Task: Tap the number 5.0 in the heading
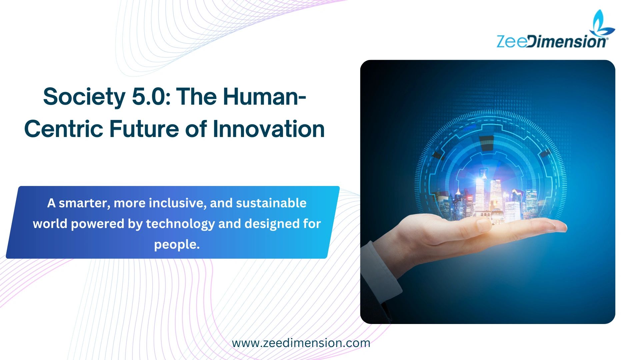click(149, 97)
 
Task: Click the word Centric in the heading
click(63, 129)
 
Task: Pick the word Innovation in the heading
click(268, 129)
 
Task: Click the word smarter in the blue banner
click(84, 203)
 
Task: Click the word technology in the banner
click(180, 224)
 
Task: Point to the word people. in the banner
click(177, 245)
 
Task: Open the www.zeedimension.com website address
click(301, 343)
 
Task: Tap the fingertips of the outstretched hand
click(560, 228)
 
